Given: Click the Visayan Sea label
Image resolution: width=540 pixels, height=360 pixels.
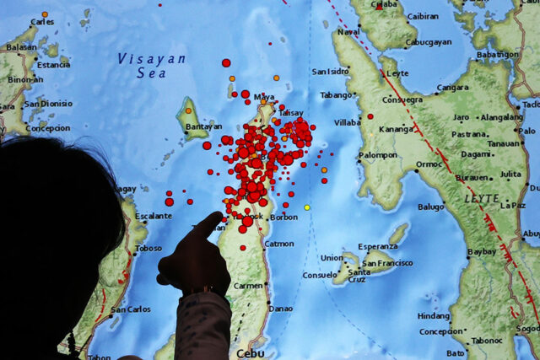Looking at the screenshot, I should (152, 66).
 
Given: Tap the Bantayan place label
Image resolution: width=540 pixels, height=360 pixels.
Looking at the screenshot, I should (202, 126).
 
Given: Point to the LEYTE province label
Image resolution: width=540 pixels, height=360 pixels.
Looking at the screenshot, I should (482, 198).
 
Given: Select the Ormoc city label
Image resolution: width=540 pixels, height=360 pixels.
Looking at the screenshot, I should (429, 164).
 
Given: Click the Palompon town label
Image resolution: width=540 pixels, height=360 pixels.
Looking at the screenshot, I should (377, 155).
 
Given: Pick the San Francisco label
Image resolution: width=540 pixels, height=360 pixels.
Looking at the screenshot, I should (385, 262).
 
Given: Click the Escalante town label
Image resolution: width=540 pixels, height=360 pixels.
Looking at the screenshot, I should (154, 216).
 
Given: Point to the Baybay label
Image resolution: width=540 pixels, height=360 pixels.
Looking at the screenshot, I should (482, 251).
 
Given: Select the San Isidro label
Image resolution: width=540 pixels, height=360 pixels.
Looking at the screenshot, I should (330, 72).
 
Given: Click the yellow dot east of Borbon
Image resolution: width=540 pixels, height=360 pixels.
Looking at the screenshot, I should (307, 207).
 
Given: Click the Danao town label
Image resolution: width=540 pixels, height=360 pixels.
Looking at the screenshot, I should (280, 309).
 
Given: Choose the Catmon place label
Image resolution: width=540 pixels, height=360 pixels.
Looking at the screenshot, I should (279, 244).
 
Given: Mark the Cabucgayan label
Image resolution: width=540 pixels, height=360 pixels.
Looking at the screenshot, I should (429, 42).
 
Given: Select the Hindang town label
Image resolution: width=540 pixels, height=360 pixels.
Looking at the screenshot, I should (434, 315).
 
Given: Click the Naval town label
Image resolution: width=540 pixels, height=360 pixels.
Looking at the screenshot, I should (348, 32).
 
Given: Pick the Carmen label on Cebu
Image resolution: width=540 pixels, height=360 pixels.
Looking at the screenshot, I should (249, 286).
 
